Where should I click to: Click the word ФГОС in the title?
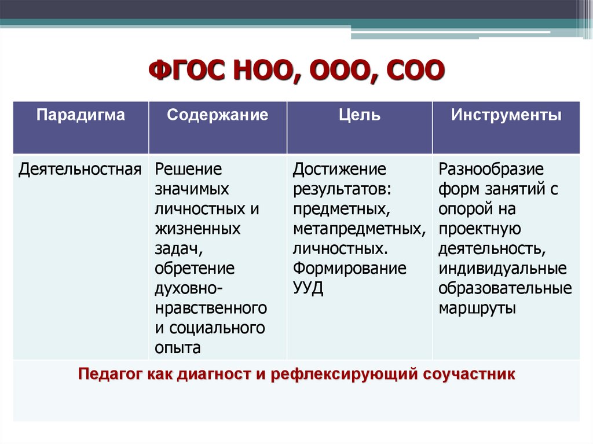(x=188, y=71)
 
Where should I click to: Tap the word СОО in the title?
(x=416, y=71)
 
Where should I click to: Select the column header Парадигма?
(x=80, y=115)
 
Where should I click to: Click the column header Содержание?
(x=218, y=115)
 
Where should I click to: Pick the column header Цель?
(x=359, y=115)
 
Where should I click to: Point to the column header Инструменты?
(x=506, y=115)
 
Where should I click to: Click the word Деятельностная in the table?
(x=80, y=170)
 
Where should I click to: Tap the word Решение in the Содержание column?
(x=188, y=169)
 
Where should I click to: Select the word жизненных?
(x=197, y=229)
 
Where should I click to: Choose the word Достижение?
(x=339, y=170)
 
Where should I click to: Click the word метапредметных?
(x=360, y=229)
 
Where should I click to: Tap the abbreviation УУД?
(x=308, y=288)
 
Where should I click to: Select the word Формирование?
(x=350, y=269)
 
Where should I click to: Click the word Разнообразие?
(x=491, y=169)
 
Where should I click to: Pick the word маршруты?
(x=477, y=308)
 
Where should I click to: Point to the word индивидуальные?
(x=503, y=269)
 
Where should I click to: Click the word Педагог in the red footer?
(x=111, y=374)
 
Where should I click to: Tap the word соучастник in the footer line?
(x=469, y=375)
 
